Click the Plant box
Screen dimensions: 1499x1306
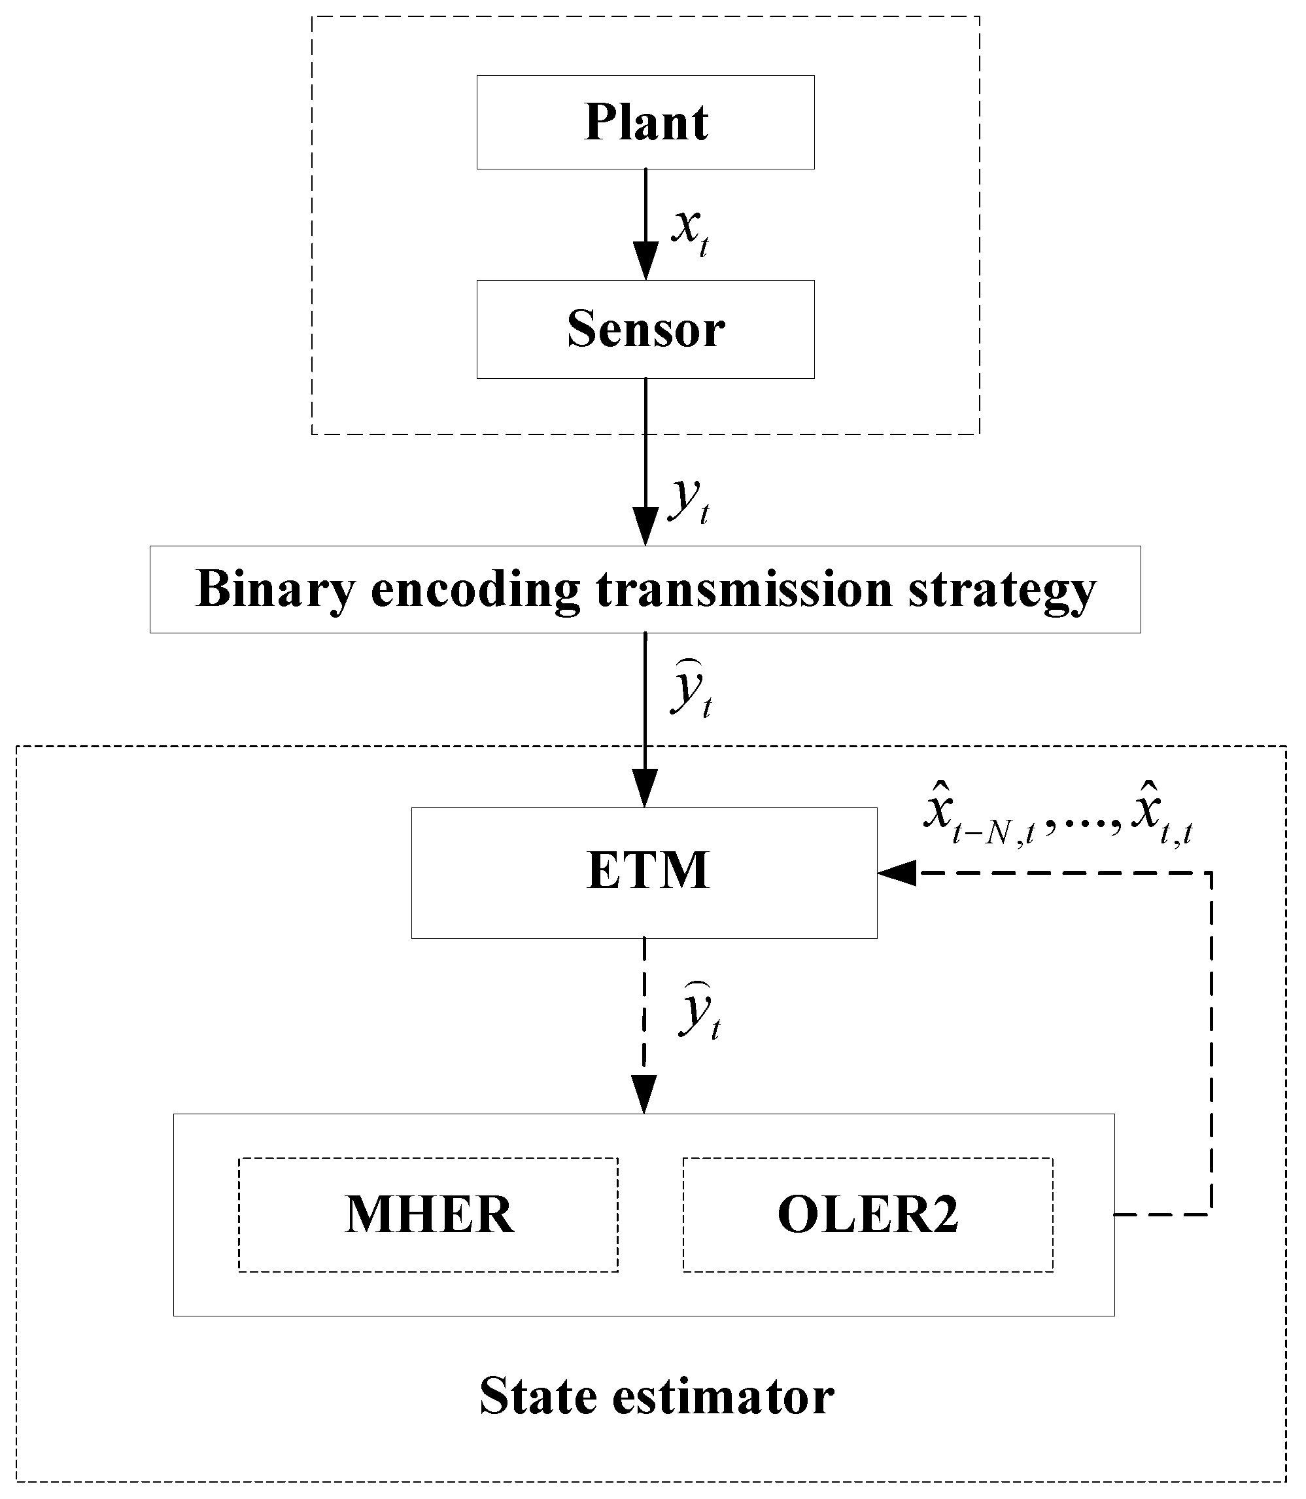645,122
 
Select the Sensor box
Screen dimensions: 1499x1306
645,329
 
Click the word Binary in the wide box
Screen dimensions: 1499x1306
275,589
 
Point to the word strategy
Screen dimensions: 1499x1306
1002,589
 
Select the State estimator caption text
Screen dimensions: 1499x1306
656,1396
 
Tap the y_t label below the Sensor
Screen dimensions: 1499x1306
689,500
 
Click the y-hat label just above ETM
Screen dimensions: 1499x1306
691,688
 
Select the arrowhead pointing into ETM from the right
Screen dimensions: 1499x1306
897,872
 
